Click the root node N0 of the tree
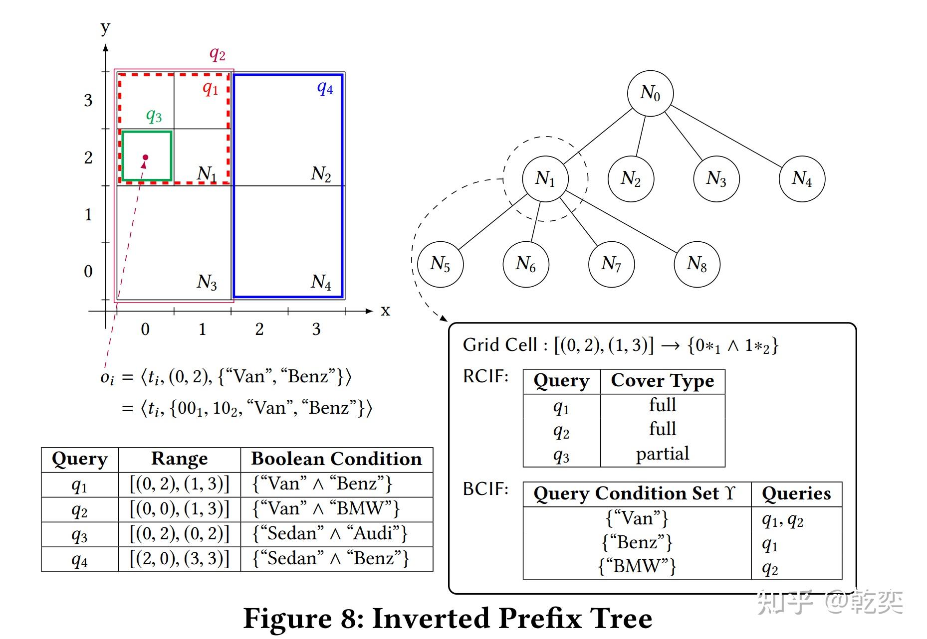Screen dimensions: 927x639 (650, 93)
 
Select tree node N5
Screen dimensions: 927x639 (440, 264)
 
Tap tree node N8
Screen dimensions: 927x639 (697, 264)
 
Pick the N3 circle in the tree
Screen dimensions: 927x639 (716, 178)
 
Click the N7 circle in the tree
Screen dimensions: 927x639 (611, 264)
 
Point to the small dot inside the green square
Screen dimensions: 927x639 (145, 158)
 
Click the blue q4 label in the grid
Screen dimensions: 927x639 (325, 89)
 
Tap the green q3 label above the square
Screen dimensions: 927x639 (154, 116)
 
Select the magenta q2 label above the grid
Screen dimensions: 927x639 (217, 54)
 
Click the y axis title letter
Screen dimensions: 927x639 (105, 27)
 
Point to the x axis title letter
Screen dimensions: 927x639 (385, 311)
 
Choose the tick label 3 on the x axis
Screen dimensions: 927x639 (316, 329)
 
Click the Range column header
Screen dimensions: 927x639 (180, 459)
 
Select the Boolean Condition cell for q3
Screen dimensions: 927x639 (330, 534)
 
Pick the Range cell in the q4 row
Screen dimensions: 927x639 (180, 559)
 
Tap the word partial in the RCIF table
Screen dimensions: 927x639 (663, 454)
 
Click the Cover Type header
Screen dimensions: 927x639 (663, 380)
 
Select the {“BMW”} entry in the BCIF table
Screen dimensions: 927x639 (637, 566)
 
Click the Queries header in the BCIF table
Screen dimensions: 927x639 (796, 493)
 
